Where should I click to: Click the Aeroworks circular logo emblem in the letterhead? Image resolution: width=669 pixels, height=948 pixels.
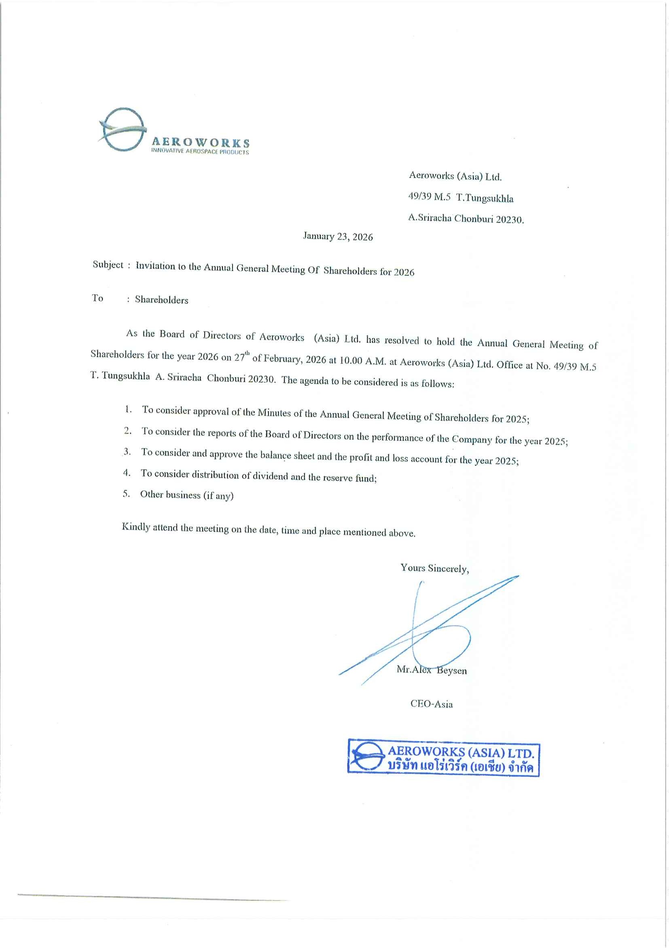[x=123, y=129]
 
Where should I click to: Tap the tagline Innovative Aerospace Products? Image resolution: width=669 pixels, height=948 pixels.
[x=200, y=152]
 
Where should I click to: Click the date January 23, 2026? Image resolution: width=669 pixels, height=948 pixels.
[x=337, y=237]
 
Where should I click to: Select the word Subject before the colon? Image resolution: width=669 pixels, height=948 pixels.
[x=108, y=265]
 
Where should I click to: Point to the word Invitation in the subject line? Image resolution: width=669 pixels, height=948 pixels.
[x=155, y=266]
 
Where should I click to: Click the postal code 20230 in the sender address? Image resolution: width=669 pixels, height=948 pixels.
[x=509, y=220]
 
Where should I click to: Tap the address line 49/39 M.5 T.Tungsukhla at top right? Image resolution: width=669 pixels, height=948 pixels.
[x=460, y=198]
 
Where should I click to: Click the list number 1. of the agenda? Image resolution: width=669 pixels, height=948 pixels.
[x=129, y=409]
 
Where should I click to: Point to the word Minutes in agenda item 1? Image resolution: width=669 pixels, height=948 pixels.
[x=274, y=413]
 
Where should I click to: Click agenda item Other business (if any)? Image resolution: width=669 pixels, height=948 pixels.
[x=186, y=495]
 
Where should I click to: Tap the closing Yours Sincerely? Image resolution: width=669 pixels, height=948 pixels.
[x=434, y=569]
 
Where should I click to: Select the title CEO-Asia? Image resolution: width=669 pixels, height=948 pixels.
[x=431, y=704]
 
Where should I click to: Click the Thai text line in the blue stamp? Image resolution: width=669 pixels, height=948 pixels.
[x=459, y=767]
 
